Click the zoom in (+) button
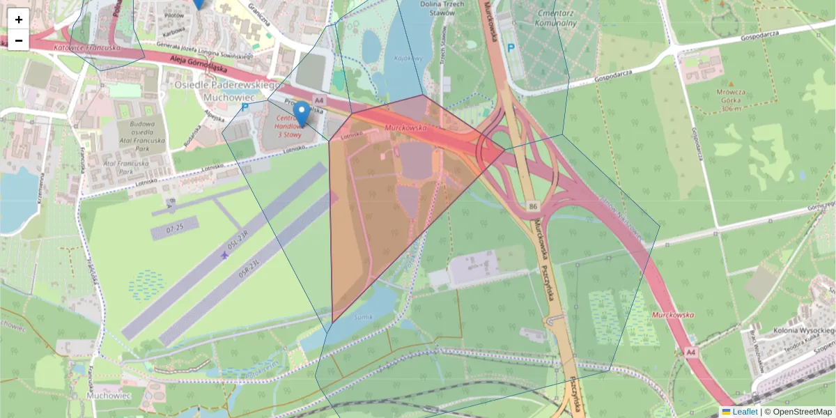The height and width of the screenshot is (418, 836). (19, 20)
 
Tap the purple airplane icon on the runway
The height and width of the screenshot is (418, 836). (224, 256)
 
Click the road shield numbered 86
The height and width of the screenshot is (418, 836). (534, 207)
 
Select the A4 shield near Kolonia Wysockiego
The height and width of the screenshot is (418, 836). (690, 353)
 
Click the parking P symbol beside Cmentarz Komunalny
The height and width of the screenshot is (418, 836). (511, 48)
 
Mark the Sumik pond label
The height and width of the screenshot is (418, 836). (364, 317)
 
